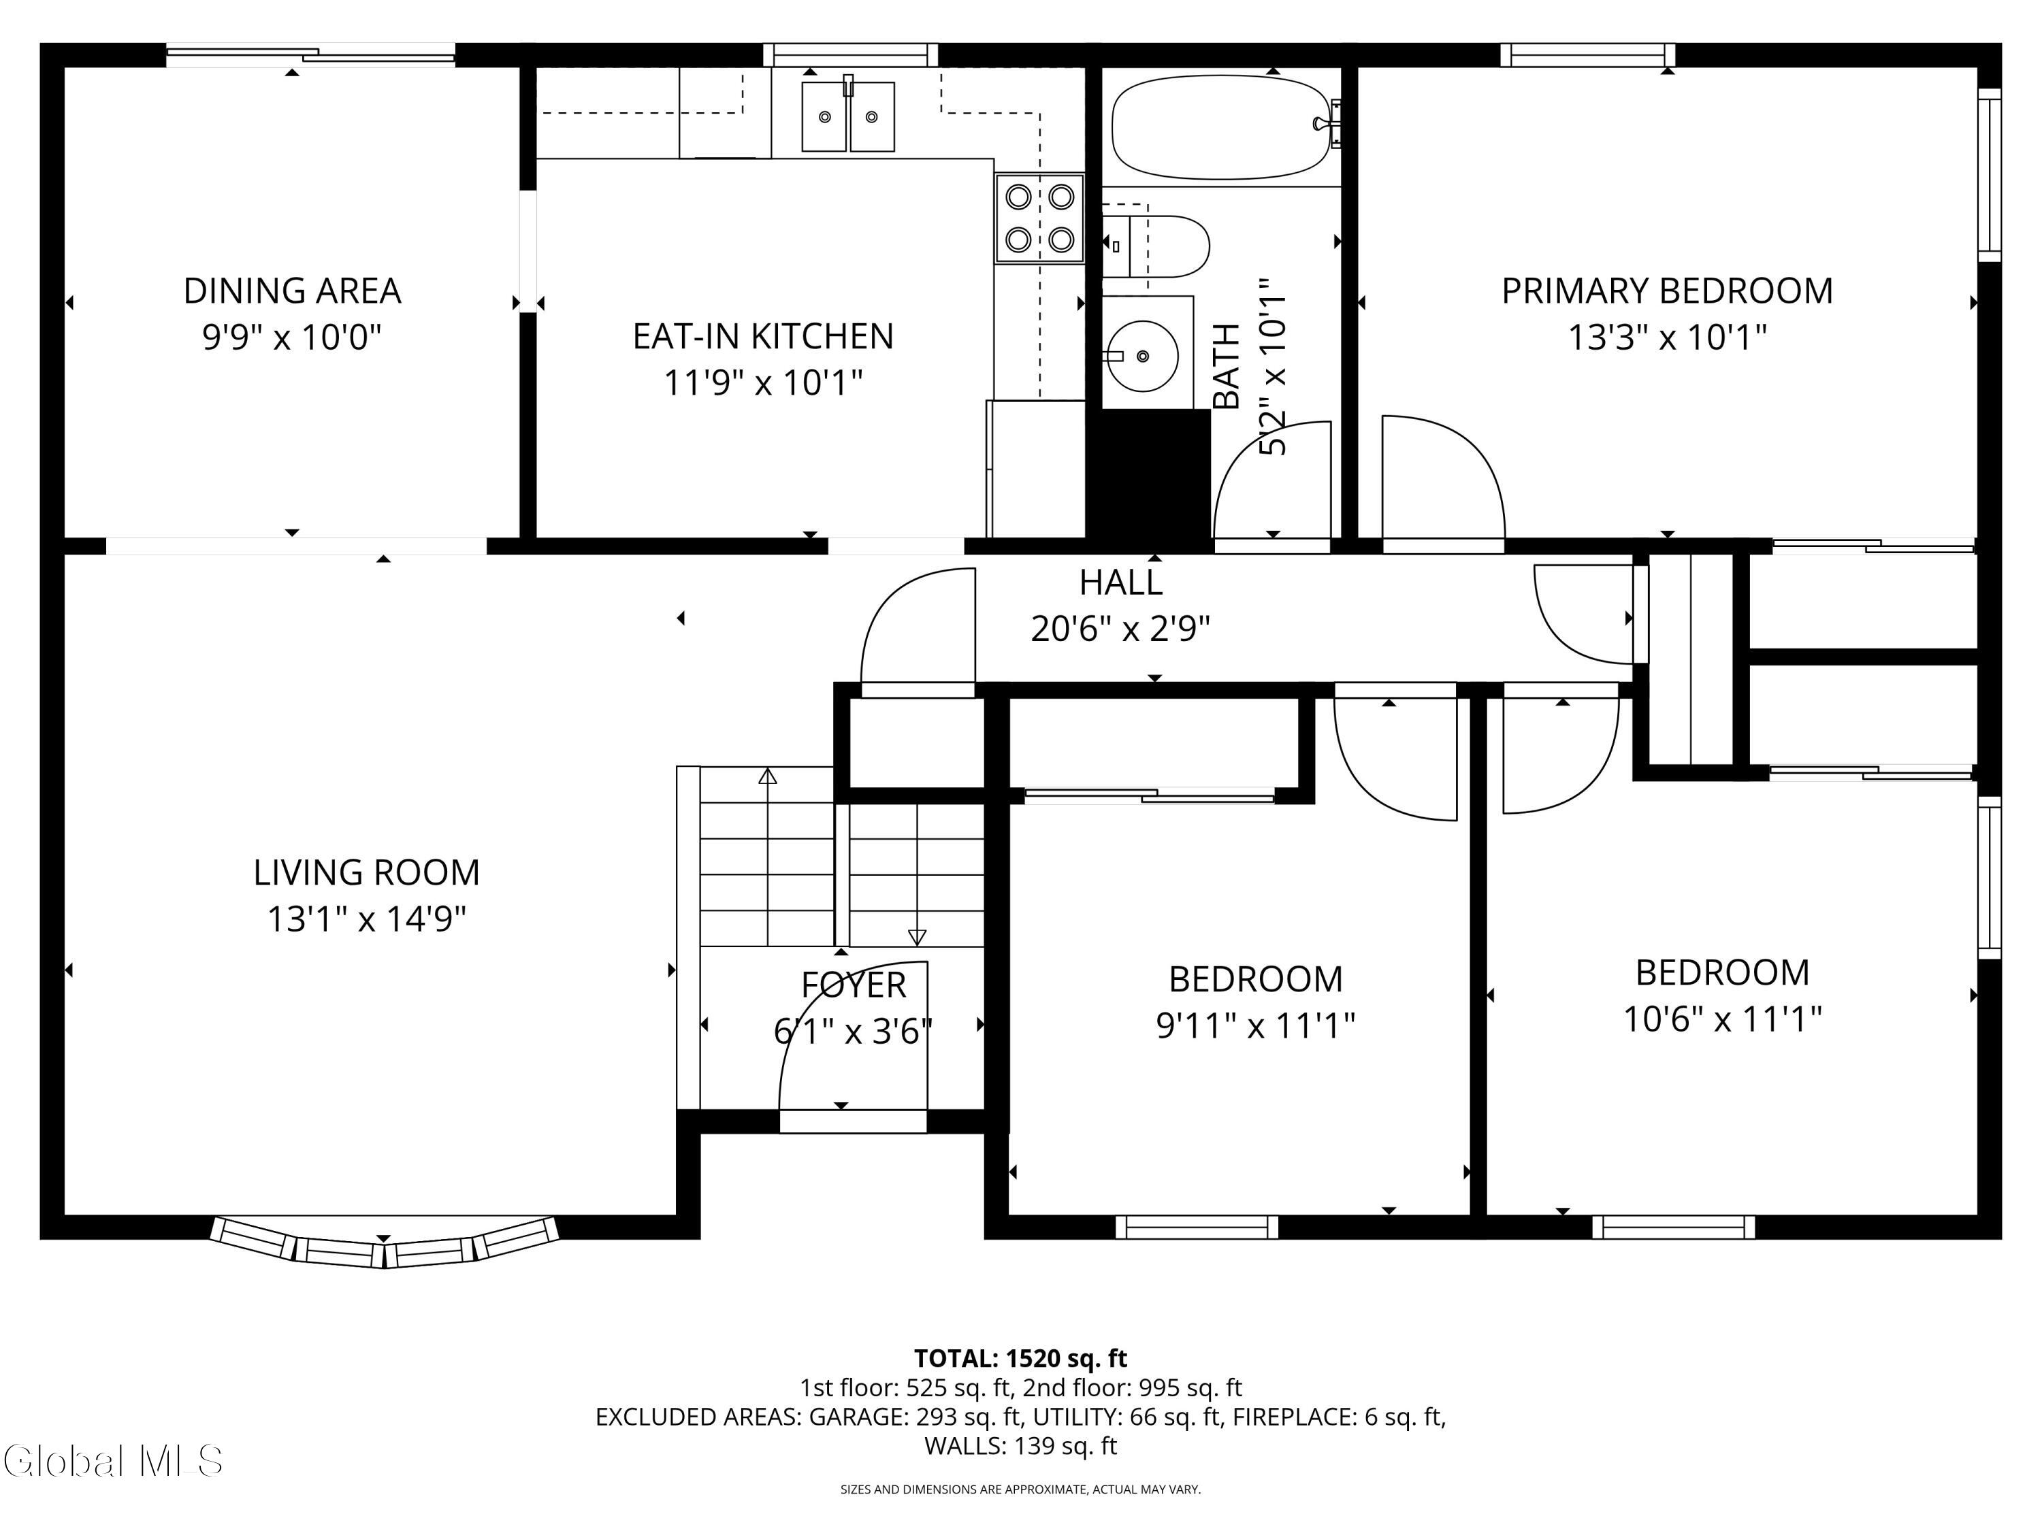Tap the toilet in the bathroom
coord(1156,246)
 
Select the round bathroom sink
coord(1143,355)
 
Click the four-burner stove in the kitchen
coord(1039,218)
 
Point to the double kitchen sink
coord(847,116)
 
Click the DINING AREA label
coord(292,291)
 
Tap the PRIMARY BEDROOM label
coord(1667,291)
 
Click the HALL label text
coord(1120,582)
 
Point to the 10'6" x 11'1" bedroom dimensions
coord(1723,1019)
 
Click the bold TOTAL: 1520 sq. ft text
coord(1020,1358)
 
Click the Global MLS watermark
coord(112,1461)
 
